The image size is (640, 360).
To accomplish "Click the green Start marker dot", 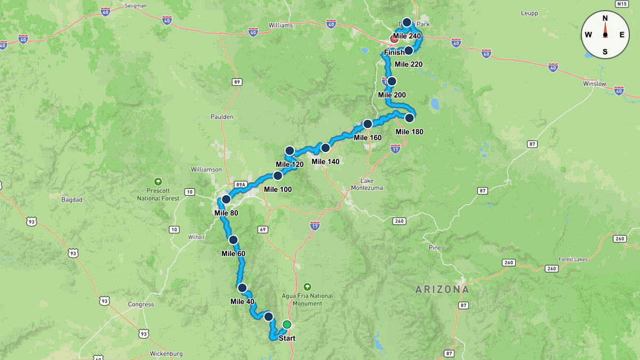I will pos(287,324).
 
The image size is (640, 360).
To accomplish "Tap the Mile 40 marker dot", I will pos(242,288).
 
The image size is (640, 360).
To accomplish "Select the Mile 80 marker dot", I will pos(226,199).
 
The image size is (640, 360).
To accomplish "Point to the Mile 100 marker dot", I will pos(278,175).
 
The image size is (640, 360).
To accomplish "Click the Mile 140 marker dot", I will pos(325,148).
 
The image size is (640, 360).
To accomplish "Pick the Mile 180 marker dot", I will pos(409,118).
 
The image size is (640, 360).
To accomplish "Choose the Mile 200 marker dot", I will pos(392,81).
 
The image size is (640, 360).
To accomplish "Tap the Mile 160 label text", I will pos(368,138).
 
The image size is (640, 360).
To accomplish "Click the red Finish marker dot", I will pos(394,39).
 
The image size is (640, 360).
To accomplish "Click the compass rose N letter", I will pos(605,18).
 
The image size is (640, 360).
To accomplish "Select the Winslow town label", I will pos(594,84).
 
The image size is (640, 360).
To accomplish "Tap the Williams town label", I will pos(281,25).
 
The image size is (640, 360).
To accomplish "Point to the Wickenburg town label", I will pos(166,354).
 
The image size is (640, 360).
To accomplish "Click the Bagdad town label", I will pos(71,200).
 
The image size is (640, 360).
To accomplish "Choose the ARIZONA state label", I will pos(443,290).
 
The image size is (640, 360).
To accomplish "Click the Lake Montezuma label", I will pos(367,184).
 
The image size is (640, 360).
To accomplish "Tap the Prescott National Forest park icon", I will pos(158,181).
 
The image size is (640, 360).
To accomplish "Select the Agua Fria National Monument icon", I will pos(307,286).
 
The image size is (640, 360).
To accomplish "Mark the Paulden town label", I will pos(222,117).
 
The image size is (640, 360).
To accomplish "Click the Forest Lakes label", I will pos(573,260).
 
